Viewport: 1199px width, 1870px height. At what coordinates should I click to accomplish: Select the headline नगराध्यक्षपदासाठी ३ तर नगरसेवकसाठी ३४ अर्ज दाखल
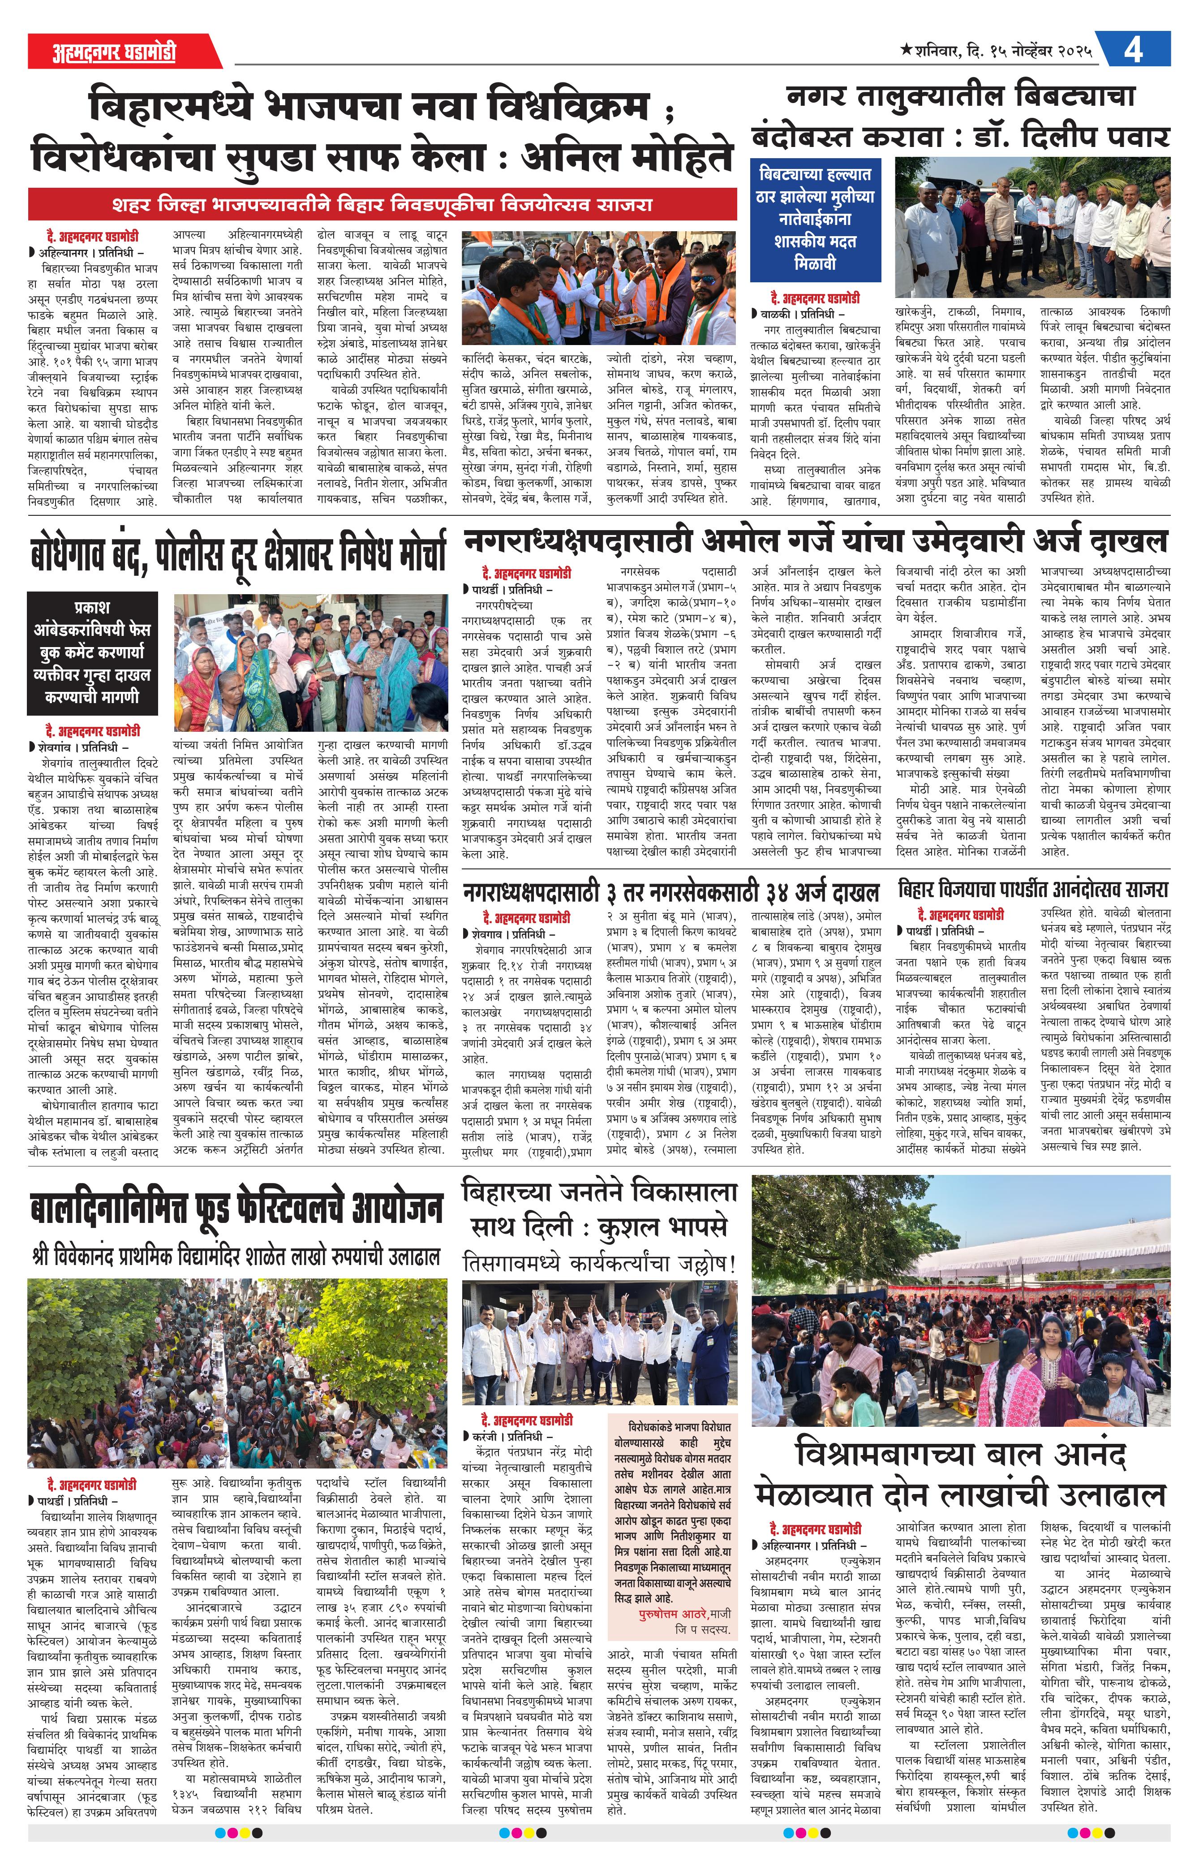click(x=670, y=892)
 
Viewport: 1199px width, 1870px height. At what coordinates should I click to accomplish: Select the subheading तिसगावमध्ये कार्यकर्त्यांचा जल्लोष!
click(x=599, y=1262)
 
